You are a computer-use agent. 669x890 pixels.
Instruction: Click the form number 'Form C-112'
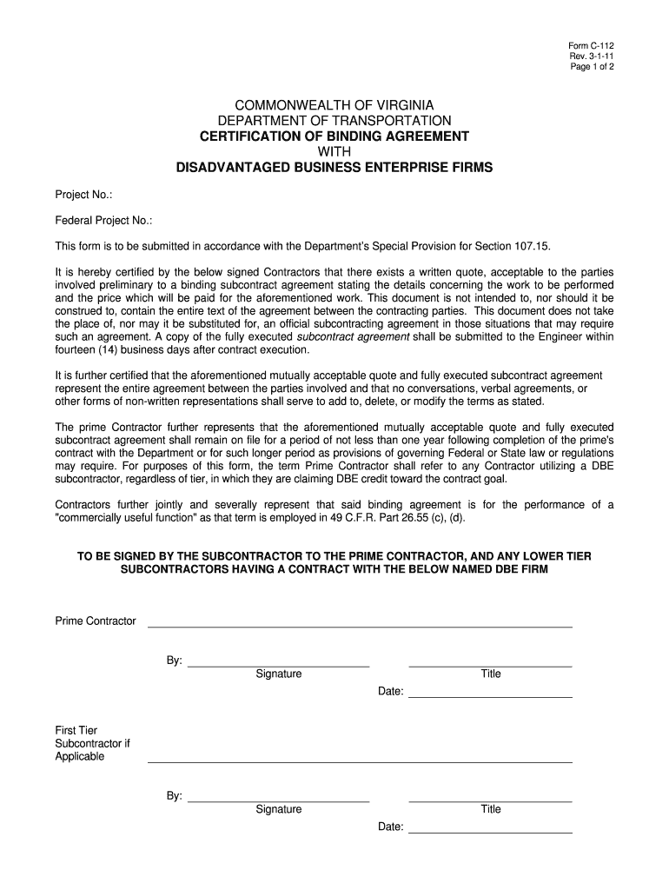tap(591, 45)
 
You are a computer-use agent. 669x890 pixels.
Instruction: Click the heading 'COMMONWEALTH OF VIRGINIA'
tap(334, 104)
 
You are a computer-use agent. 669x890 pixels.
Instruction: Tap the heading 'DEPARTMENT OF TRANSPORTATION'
tap(334, 120)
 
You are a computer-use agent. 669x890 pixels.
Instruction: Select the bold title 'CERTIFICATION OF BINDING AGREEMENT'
tap(334, 136)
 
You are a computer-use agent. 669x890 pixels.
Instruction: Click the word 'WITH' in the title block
tap(334, 151)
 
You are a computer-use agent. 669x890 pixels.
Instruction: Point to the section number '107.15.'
tap(530, 246)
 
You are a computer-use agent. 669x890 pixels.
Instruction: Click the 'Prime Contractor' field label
tap(96, 621)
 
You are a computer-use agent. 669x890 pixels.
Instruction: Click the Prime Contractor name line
tap(360, 626)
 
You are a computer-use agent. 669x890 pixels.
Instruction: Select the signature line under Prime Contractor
tap(278, 666)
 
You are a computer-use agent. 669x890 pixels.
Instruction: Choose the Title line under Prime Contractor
tap(490, 666)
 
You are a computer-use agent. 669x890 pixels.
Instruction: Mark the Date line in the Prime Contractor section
tap(490, 696)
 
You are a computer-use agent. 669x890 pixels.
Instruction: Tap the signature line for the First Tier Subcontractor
tap(278, 800)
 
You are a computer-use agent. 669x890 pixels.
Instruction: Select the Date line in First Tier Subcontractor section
tap(490, 832)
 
